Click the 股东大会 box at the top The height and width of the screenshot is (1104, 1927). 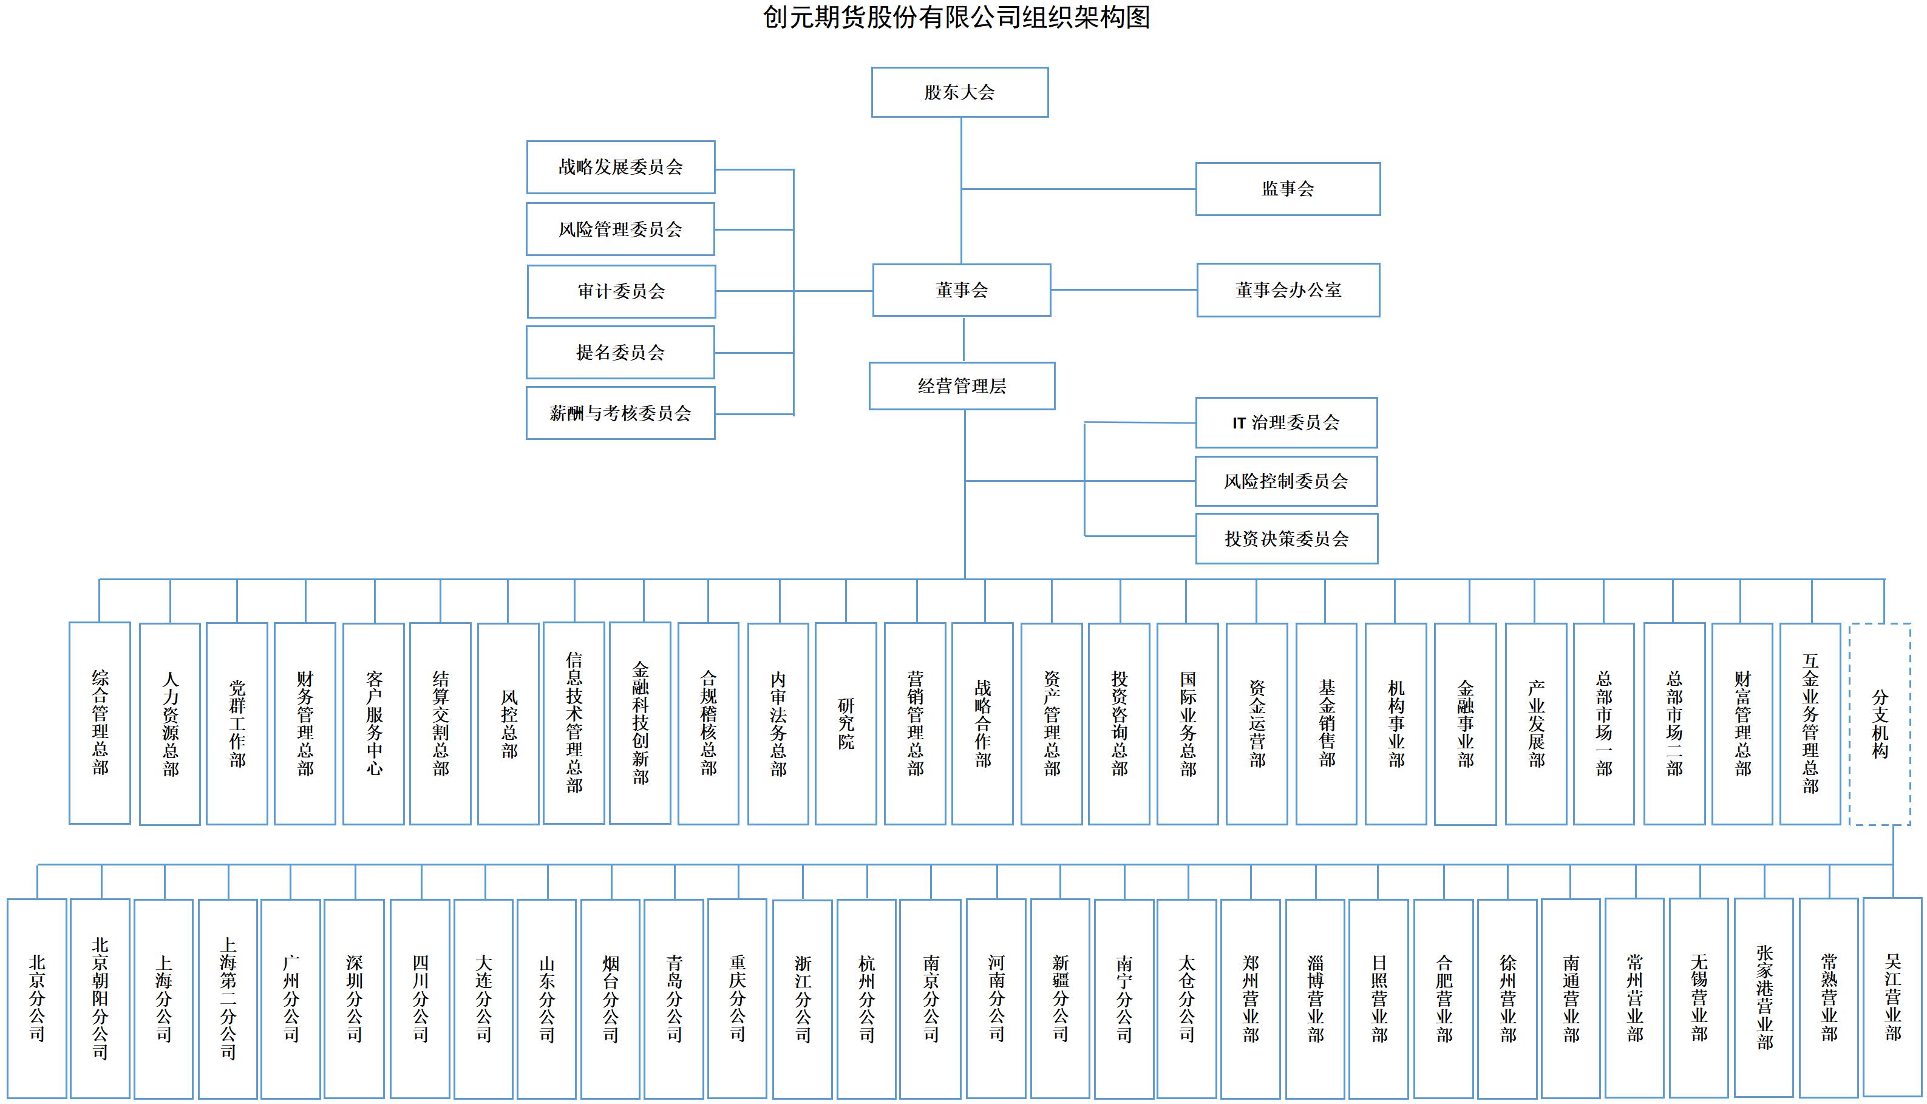click(x=959, y=92)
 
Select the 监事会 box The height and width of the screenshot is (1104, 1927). click(x=1288, y=189)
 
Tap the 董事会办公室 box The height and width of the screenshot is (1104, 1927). click(x=1288, y=290)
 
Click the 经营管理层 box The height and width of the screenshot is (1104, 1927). click(x=962, y=386)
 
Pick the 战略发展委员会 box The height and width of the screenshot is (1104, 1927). click(x=620, y=167)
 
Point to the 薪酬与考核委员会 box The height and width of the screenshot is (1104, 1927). click(x=620, y=413)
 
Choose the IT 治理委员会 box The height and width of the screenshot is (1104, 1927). click(x=1286, y=422)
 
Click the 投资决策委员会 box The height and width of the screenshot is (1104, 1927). click(x=1286, y=538)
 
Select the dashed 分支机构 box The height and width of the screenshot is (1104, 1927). click(x=1880, y=723)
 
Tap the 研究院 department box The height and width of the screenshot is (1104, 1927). click(x=846, y=723)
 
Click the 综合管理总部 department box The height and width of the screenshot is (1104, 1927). click(x=100, y=723)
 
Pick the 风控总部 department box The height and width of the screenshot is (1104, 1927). click(x=508, y=723)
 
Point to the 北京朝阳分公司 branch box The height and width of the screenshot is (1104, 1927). click(x=100, y=998)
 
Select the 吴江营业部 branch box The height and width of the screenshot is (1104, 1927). click(x=1893, y=997)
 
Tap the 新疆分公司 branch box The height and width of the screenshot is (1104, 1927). click(x=1060, y=998)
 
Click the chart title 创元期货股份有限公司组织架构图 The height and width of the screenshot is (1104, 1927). click(x=956, y=16)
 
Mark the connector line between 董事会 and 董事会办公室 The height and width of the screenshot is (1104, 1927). click(x=1124, y=290)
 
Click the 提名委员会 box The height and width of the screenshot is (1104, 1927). click(x=620, y=353)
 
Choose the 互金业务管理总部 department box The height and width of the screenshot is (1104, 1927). click(x=1810, y=723)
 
